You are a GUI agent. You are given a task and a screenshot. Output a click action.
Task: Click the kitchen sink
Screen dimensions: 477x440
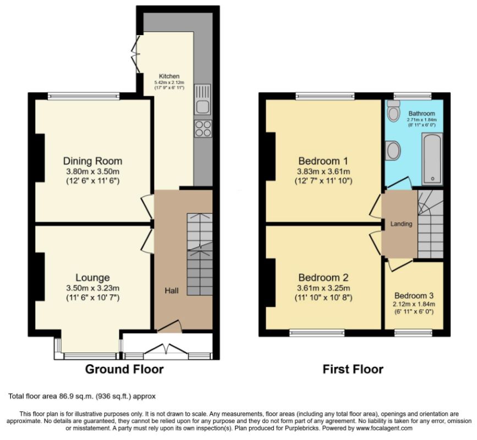tap(202, 99)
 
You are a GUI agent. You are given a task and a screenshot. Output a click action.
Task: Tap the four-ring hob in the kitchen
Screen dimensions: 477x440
tap(203, 129)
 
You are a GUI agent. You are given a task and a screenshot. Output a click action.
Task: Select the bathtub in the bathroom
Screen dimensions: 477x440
tap(432, 159)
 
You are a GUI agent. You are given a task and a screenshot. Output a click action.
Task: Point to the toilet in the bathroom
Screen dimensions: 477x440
tap(393, 111)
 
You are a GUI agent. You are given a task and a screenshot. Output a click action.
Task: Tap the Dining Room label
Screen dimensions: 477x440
tap(92, 161)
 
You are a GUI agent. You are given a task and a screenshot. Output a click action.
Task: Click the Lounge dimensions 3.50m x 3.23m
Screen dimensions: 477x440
tap(93, 288)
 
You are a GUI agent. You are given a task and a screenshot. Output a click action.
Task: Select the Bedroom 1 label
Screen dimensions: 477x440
tap(323, 161)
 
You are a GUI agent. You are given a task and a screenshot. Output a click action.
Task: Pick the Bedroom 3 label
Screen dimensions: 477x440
tap(414, 295)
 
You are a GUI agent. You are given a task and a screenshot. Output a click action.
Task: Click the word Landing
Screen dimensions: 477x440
tap(401, 224)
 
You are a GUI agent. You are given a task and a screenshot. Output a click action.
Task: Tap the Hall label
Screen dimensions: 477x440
tap(172, 291)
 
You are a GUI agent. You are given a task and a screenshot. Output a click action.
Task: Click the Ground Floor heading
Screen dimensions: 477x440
tap(124, 369)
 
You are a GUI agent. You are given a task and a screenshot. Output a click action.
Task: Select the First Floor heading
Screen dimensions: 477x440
tap(353, 369)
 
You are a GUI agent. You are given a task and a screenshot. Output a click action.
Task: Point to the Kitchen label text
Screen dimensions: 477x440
tap(169, 76)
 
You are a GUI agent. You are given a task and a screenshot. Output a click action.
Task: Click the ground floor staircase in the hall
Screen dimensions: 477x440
tap(199, 254)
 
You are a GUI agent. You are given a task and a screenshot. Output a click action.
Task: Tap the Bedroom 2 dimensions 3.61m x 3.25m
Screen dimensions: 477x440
tap(324, 288)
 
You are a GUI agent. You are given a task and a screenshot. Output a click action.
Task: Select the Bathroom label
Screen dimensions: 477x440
tap(421, 113)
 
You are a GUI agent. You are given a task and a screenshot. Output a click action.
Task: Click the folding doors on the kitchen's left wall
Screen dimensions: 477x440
tap(136, 54)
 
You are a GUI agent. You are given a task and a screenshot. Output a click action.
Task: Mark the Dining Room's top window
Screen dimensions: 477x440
tap(84, 96)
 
